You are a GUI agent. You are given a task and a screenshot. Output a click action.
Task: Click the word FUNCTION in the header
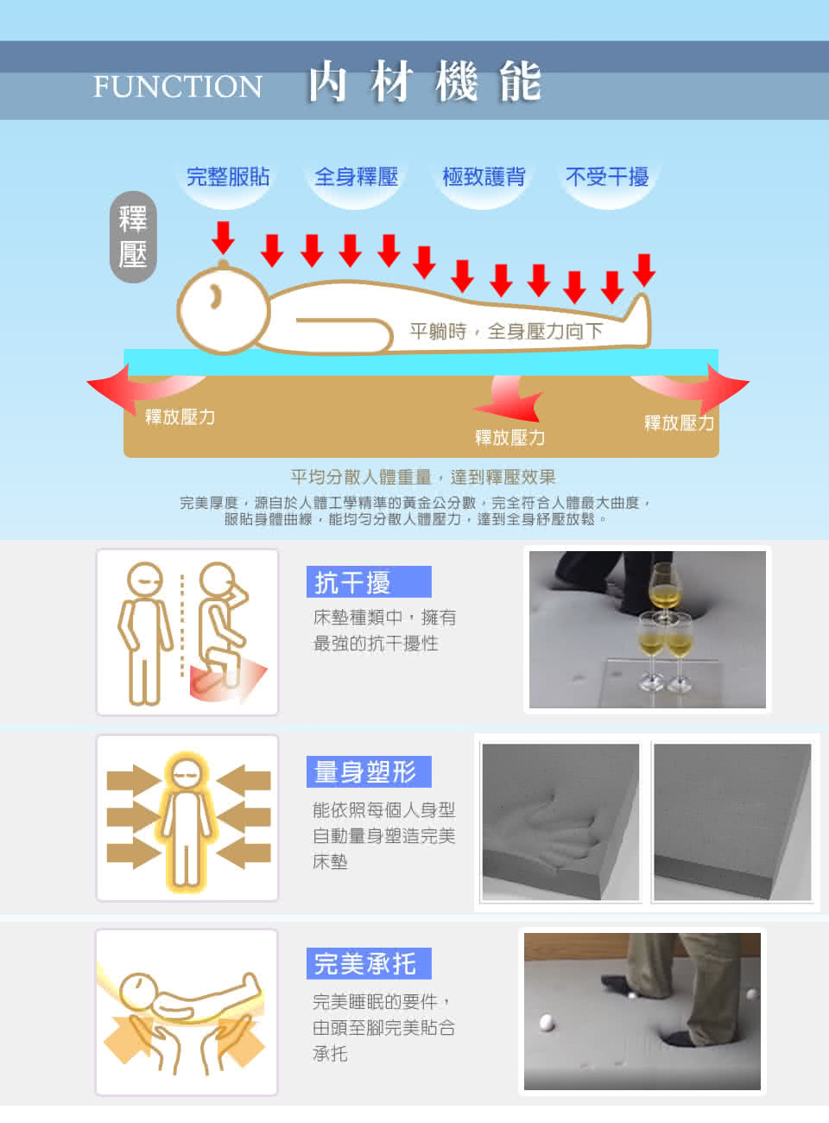178,86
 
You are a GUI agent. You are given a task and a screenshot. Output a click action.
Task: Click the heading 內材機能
425,81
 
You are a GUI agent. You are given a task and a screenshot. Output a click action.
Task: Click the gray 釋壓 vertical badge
133,237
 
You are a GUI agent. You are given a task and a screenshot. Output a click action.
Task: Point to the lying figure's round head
223,309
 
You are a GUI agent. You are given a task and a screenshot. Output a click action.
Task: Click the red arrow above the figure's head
223,238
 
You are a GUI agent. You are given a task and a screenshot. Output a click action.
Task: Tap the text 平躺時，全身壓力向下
506,331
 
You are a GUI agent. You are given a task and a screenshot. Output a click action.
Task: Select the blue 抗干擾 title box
369,581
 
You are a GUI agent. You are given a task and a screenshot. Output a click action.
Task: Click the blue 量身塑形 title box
369,771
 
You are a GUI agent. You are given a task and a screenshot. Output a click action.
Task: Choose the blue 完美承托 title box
369,963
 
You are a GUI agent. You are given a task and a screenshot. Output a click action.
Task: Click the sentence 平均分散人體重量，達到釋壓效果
423,477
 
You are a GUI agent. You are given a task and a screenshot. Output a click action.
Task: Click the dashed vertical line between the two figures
182,625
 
